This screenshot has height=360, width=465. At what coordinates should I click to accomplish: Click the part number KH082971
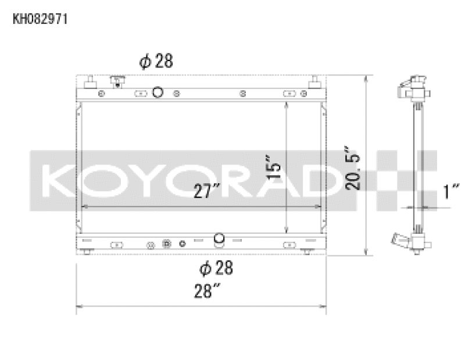(x=41, y=19)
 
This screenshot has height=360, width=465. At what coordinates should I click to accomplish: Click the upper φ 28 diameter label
(x=156, y=62)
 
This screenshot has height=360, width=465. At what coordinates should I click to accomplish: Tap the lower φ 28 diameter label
(x=216, y=268)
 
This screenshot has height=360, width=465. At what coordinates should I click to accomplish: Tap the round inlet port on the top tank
(x=158, y=92)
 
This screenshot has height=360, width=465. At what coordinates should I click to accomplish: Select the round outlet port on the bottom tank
(x=219, y=238)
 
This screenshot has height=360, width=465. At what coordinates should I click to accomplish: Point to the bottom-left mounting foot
(x=87, y=251)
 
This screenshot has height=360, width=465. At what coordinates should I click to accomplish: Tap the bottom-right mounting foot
(x=309, y=251)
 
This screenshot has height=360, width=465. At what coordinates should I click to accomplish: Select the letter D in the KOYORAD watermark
(x=320, y=181)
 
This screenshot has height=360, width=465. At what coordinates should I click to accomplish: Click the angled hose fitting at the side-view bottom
(x=401, y=238)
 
